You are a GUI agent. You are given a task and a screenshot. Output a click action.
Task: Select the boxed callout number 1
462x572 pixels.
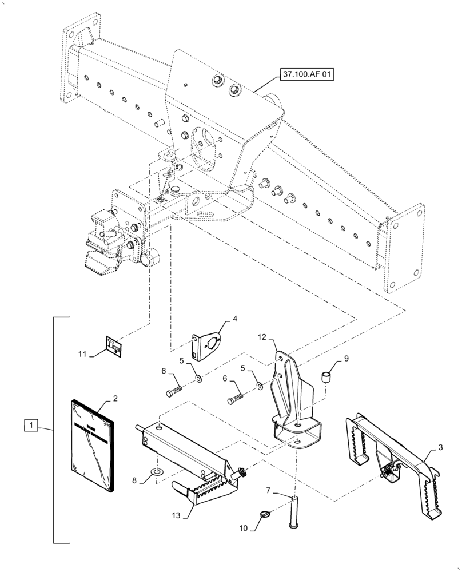[31, 426]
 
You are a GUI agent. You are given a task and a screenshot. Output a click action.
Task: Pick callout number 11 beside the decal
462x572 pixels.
[83, 354]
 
